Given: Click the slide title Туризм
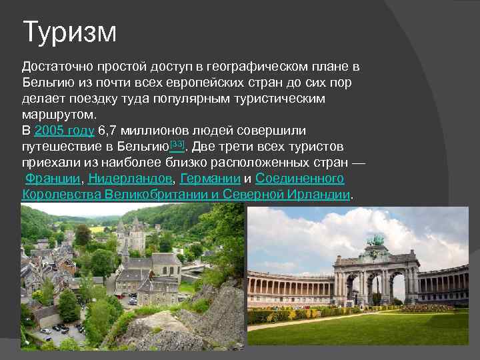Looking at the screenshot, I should coord(69,32).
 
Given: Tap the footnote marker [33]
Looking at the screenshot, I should coord(178,143).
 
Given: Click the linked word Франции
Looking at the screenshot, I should coord(53,179).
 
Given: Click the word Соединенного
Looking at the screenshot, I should coord(299,179).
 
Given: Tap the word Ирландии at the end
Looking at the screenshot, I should coord(319,195).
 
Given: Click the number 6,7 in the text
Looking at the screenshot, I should coord(109,131).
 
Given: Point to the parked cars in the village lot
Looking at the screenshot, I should coord(60,329).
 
